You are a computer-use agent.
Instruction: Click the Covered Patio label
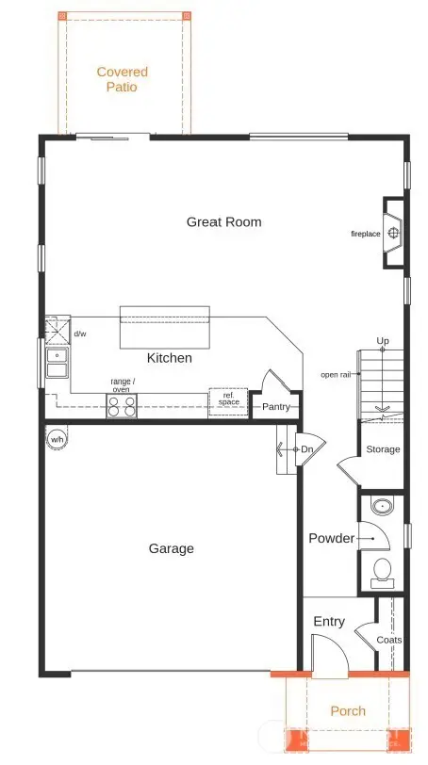(123, 79)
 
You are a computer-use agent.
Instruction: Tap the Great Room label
(223, 222)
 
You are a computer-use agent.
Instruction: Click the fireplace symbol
(393, 233)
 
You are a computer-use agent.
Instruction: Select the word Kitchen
(170, 358)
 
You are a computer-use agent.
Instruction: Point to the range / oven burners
(121, 406)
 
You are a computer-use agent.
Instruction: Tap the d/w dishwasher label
(80, 334)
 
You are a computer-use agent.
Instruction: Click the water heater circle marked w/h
(58, 439)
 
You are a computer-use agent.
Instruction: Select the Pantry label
(276, 408)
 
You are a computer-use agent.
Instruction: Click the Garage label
(171, 548)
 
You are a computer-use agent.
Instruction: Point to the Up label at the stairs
(383, 340)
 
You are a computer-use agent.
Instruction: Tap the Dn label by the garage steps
(305, 450)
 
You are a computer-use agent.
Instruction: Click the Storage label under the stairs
(383, 449)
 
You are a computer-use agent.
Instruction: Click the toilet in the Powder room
(383, 569)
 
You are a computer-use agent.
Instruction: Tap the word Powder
(331, 539)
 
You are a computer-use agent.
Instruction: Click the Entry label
(329, 622)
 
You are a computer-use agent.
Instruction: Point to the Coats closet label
(389, 640)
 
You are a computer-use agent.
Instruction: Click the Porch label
(348, 711)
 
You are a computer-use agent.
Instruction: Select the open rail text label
(337, 375)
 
